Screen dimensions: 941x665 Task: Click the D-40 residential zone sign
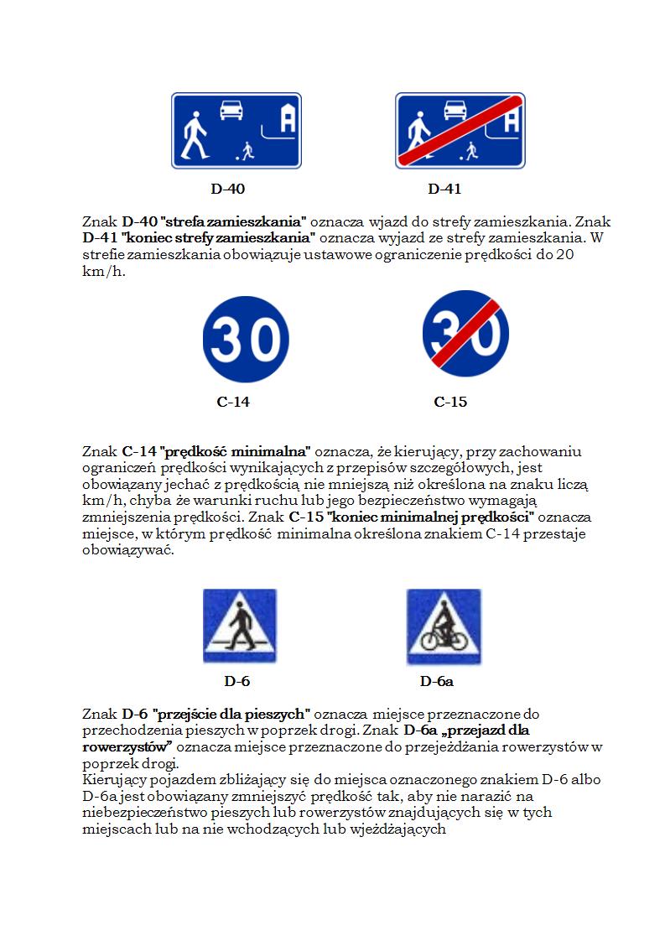point(236,130)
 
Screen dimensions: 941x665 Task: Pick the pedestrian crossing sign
point(239,626)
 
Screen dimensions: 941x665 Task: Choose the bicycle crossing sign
point(444,626)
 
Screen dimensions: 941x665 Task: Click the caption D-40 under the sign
point(227,190)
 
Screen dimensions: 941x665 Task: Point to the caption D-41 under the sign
point(444,190)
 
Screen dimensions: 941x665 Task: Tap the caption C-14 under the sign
point(233,402)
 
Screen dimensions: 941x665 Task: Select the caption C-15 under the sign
point(450,402)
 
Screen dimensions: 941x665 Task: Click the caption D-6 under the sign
point(236,681)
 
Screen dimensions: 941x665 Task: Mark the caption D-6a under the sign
point(437,681)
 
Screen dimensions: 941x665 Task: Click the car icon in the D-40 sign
point(231,109)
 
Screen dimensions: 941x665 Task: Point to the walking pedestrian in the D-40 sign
point(195,137)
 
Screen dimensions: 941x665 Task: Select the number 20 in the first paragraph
point(565,257)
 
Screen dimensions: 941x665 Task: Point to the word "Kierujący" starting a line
point(113,780)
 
